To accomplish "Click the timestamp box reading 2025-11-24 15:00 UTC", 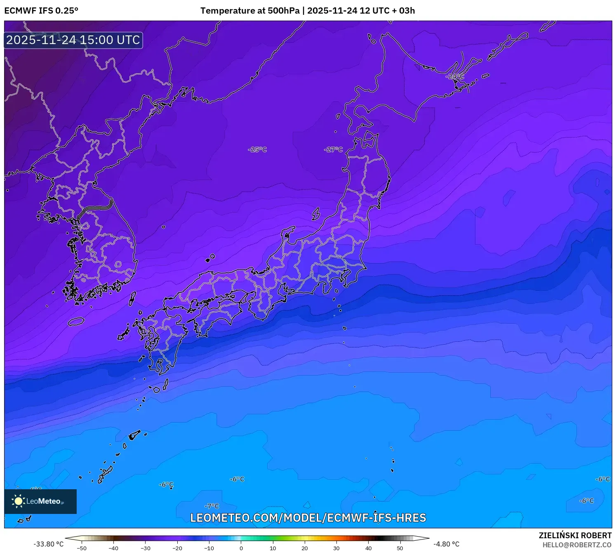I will point(73,40).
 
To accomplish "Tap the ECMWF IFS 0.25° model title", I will point(41,11).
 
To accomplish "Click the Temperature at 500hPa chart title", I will point(308,11).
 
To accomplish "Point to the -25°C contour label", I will point(257,149).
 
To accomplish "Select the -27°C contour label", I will point(334,149).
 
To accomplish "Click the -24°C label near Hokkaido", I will point(454,77).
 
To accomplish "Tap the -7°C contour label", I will point(212,506).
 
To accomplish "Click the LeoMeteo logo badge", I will point(40,501).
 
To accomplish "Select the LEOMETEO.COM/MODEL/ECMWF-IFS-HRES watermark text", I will point(308,518).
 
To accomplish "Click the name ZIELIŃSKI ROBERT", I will point(575,535).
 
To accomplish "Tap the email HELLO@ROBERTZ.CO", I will point(577,545).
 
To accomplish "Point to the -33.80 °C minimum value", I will point(49,544).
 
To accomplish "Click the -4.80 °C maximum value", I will point(446,544).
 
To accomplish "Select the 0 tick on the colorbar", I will point(241,548).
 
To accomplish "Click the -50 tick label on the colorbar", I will point(82,548).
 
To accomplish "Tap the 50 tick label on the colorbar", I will point(400,548).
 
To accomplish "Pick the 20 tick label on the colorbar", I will point(305,548).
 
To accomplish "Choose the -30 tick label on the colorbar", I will point(146,548).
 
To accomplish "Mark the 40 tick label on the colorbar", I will point(368,548).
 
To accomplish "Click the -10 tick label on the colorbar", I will point(209,548).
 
